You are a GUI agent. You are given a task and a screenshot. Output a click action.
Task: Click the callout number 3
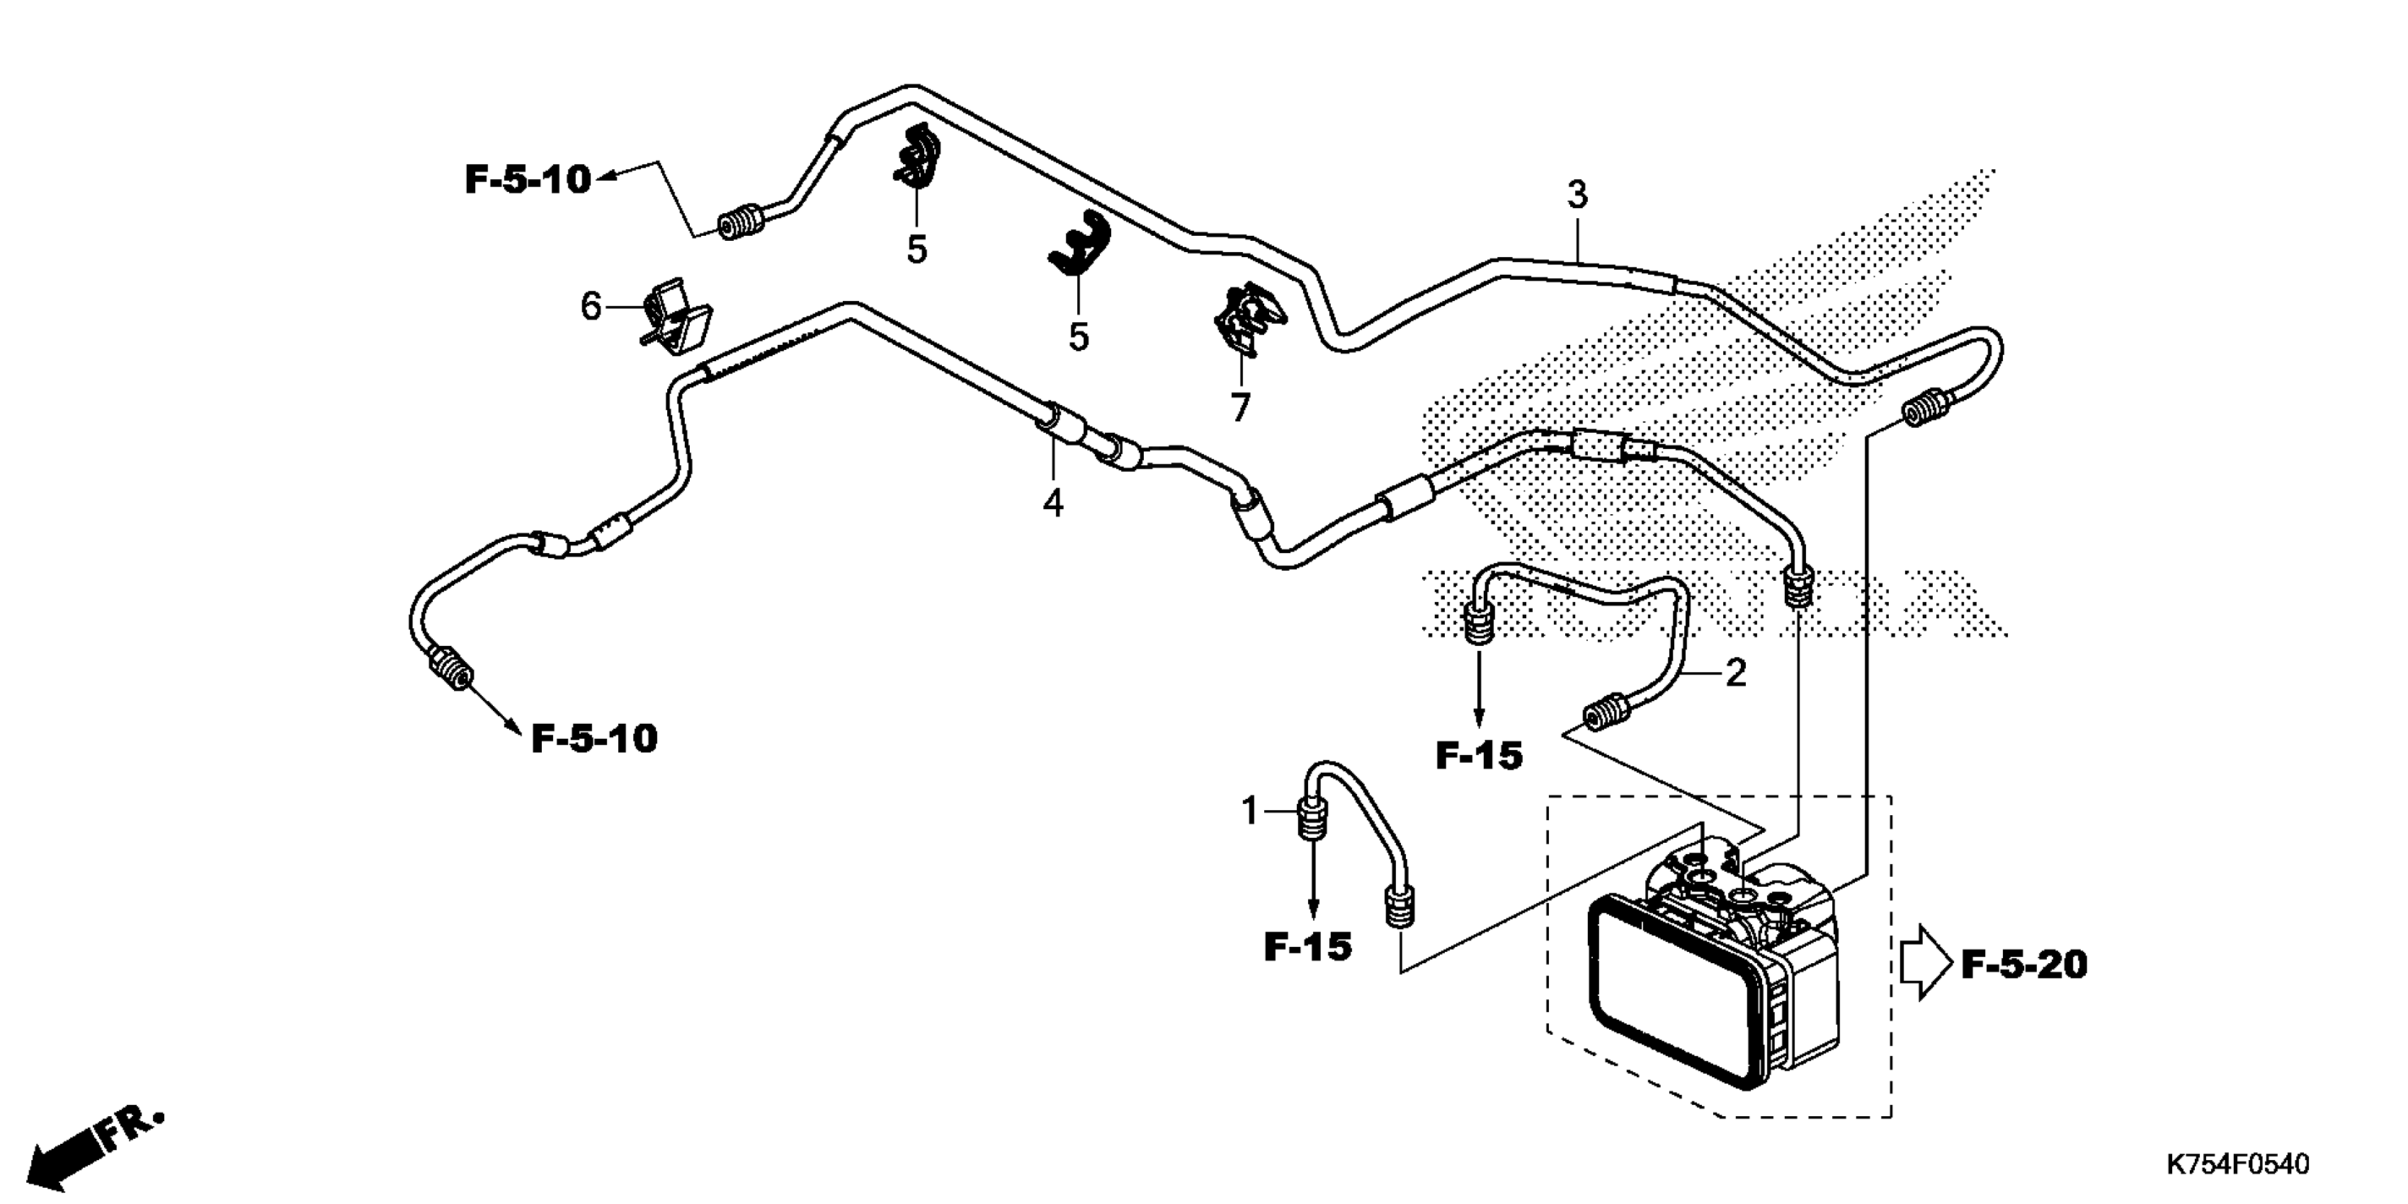click(1577, 195)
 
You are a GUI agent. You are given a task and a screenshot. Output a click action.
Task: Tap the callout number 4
click(1054, 504)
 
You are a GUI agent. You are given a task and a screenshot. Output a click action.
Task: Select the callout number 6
click(591, 306)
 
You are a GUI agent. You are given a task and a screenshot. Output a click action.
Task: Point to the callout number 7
click(1239, 407)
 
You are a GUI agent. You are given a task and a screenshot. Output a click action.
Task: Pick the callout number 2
click(1735, 672)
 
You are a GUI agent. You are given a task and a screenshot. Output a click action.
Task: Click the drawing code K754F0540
click(2236, 1165)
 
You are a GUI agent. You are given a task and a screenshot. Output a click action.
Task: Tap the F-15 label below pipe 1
click(1308, 948)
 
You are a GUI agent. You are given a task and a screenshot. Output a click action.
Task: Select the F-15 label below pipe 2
click(1479, 755)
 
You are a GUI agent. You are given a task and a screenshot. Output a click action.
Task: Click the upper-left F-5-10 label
click(528, 179)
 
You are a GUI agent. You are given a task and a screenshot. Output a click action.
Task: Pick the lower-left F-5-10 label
click(594, 739)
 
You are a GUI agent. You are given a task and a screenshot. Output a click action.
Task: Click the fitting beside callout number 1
click(1310, 821)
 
